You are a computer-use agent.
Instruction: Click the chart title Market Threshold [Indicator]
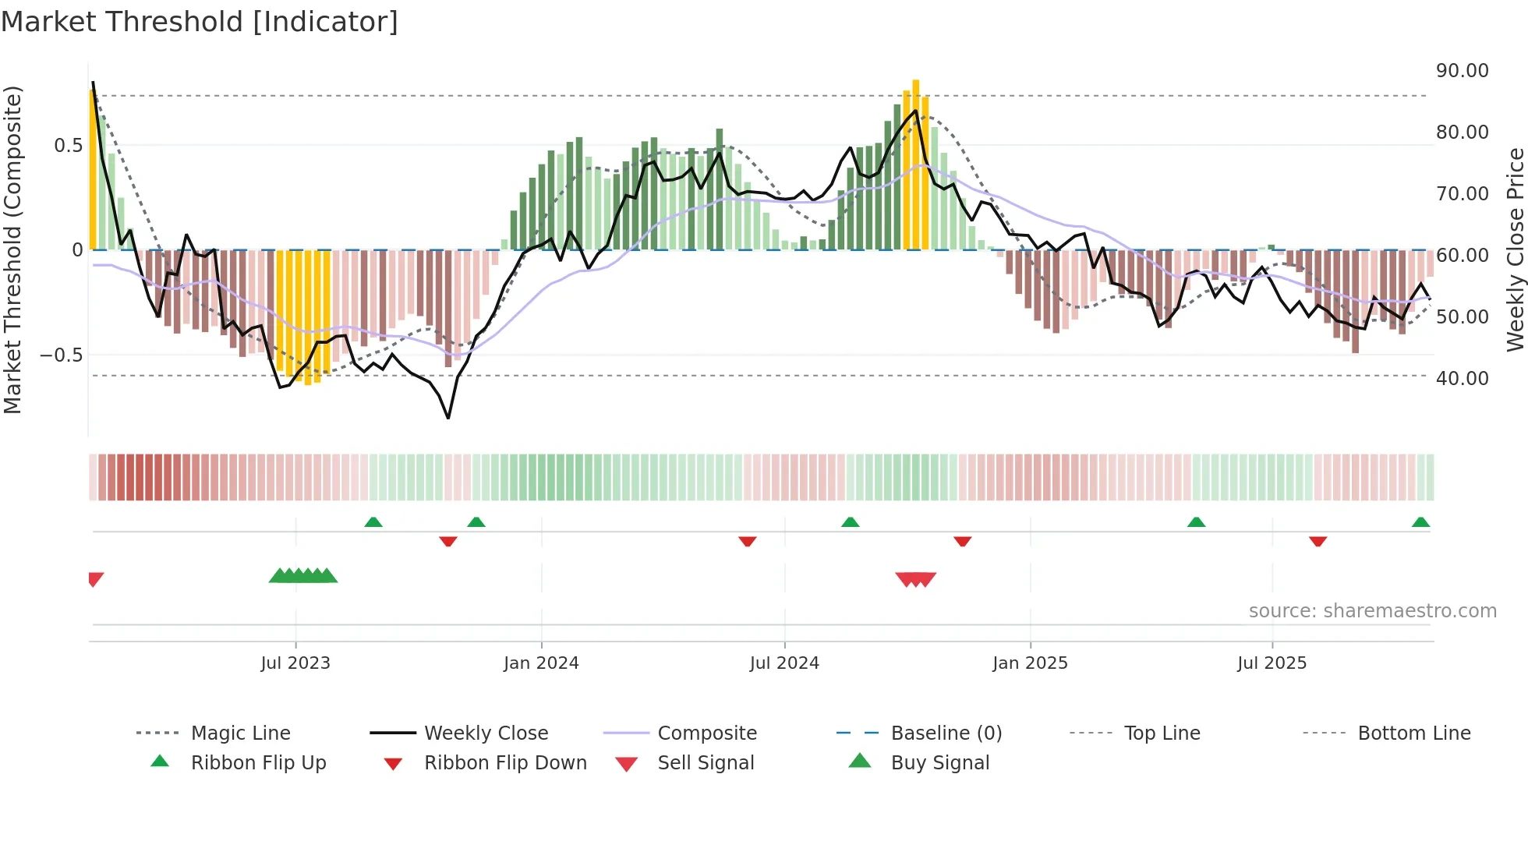pyautogui.click(x=200, y=22)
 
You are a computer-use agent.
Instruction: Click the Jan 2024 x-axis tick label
pyautogui.click(x=541, y=663)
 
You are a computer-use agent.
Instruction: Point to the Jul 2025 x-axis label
pyautogui.click(x=1272, y=663)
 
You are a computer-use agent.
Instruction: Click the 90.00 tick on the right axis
pyautogui.click(x=1462, y=70)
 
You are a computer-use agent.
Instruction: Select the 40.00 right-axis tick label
pyautogui.click(x=1462, y=378)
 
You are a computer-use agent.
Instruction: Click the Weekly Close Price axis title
pyautogui.click(x=1515, y=249)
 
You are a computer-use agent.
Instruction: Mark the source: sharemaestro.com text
pyautogui.click(x=1372, y=610)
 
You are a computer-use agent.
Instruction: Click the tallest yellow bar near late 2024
pyautogui.click(x=916, y=164)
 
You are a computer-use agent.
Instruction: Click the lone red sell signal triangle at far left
pyautogui.click(x=95, y=578)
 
